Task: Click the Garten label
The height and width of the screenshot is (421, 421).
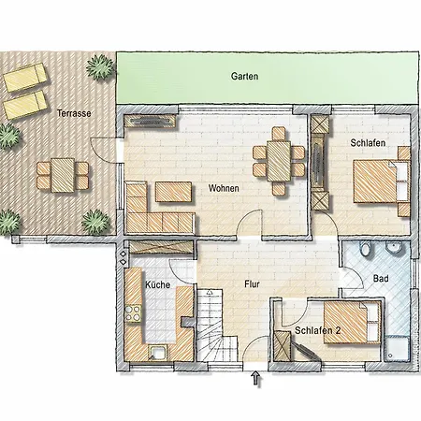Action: [244, 76]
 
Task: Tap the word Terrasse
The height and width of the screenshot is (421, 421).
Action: [74, 113]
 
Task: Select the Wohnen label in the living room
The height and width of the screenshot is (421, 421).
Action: [224, 188]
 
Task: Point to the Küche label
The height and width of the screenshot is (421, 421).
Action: [158, 284]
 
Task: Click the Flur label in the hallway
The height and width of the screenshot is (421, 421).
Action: [252, 284]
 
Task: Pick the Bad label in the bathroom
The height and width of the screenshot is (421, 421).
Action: [381, 278]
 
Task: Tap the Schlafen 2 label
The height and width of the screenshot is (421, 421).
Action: [318, 330]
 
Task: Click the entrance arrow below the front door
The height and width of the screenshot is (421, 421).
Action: [256, 378]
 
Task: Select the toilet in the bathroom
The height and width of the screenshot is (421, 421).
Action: [366, 249]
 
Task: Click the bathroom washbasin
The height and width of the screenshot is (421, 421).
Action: [394, 248]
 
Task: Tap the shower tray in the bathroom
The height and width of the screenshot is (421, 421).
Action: [397, 349]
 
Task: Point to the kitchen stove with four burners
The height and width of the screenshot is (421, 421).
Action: [133, 313]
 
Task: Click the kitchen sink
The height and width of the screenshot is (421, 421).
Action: [158, 353]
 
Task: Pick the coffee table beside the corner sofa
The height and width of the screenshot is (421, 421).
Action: [173, 192]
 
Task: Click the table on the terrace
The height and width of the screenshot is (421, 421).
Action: [63, 175]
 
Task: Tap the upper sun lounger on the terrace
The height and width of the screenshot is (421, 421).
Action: [25, 78]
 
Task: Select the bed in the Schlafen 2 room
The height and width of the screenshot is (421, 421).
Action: [353, 323]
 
